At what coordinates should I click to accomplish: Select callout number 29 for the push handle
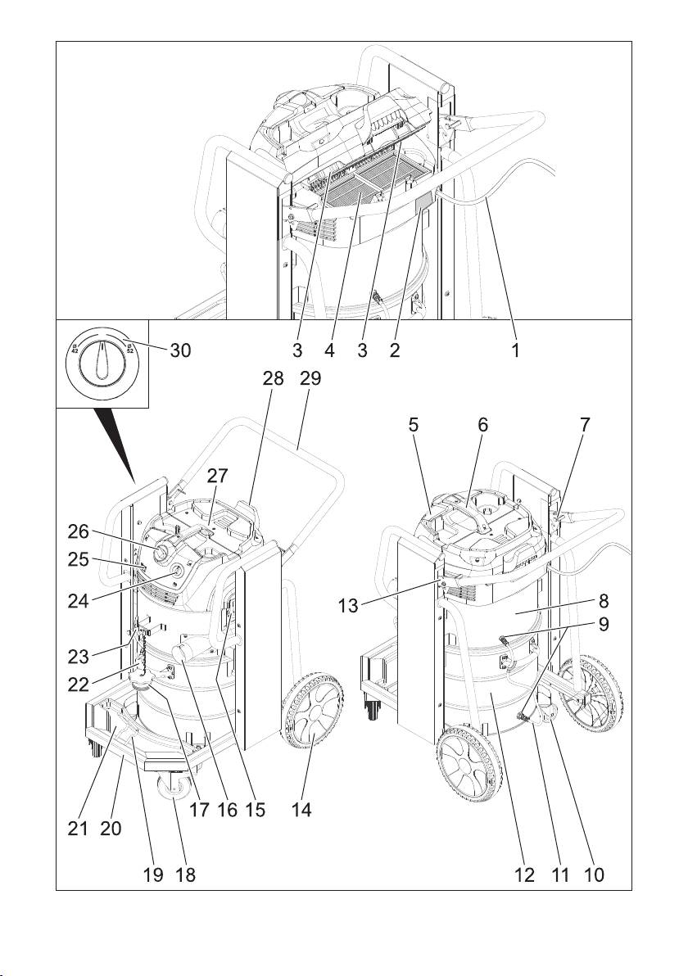click(x=310, y=379)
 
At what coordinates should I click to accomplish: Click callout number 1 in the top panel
click(x=516, y=349)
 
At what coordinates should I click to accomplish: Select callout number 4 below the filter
click(x=330, y=349)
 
